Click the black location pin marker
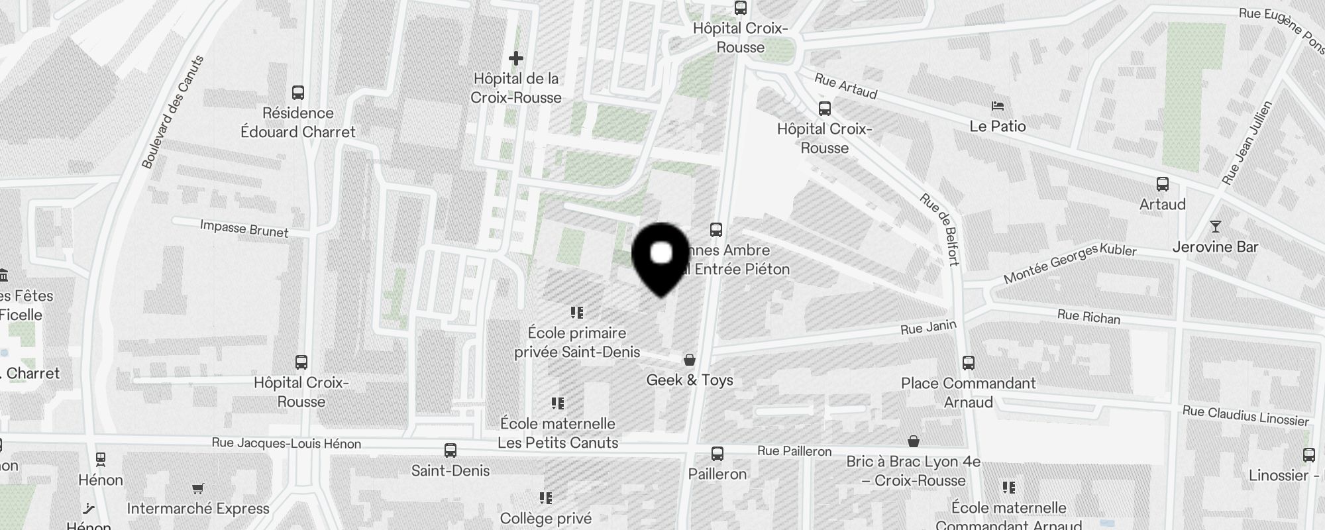pyautogui.click(x=661, y=258)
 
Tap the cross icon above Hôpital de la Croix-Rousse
pyautogui.click(x=516, y=58)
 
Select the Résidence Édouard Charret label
pyautogui.click(x=298, y=123)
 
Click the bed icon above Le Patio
pyautogui.click(x=998, y=106)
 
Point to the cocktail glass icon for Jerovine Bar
pyautogui.click(x=1215, y=227)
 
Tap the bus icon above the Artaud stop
pyautogui.click(x=1162, y=184)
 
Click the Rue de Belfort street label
pyautogui.click(x=939, y=229)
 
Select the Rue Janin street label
pyautogui.click(x=928, y=327)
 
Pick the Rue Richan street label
pyautogui.click(x=1088, y=317)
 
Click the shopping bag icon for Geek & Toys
pyautogui.click(x=690, y=360)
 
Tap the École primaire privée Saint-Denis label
pyautogui.click(x=577, y=343)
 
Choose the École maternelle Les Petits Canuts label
pyautogui.click(x=558, y=433)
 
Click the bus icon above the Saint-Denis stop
pyautogui.click(x=450, y=450)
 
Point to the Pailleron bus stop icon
pyautogui.click(x=717, y=454)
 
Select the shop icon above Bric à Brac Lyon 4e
pyautogui.click(x=914, y=441)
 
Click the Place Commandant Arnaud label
pyautogui.click(x=968, y=392)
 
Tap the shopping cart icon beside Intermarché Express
pyautogui.click(x=197, y=489)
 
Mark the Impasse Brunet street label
pyautogui.click(x=244, y=229)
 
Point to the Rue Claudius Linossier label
pyautogui.click(x=1245, y=416)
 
